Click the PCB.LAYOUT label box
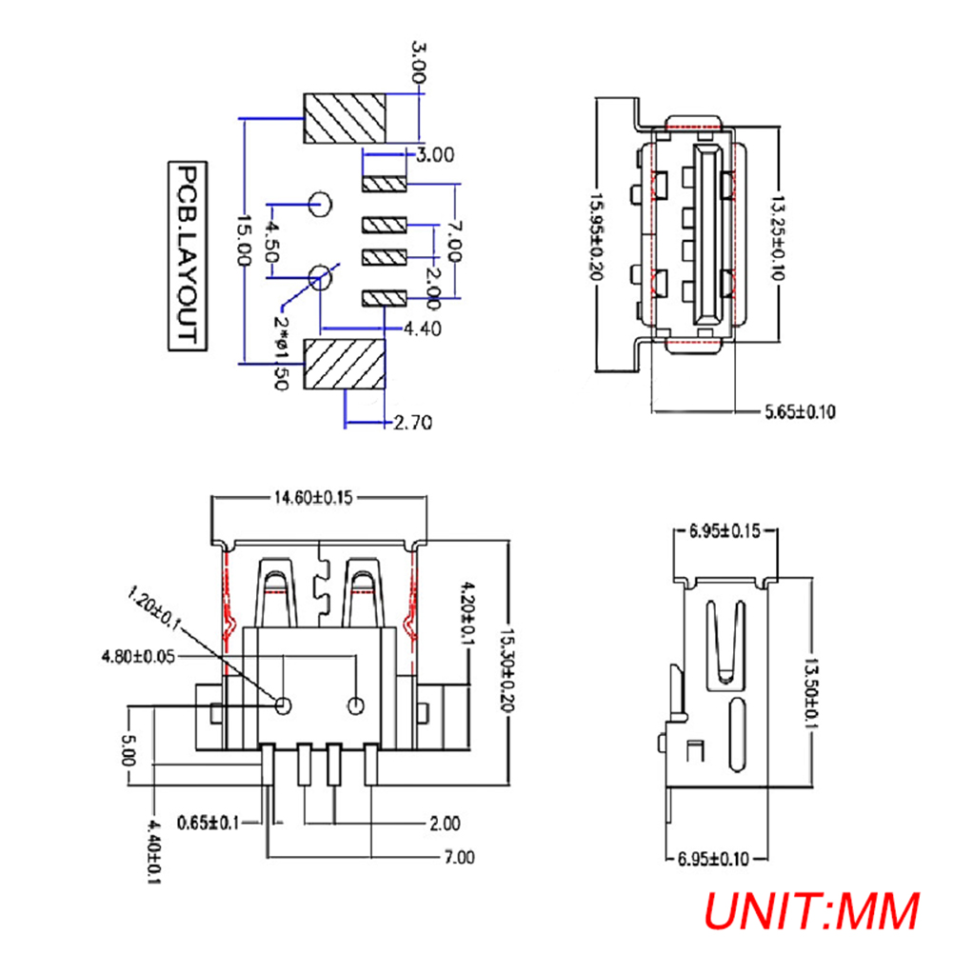pos(186,257)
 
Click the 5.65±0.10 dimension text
pos(800,411)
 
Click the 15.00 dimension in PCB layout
pos(245,240)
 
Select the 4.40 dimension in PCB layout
pos(422,328)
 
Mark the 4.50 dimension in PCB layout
pos(272,242)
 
